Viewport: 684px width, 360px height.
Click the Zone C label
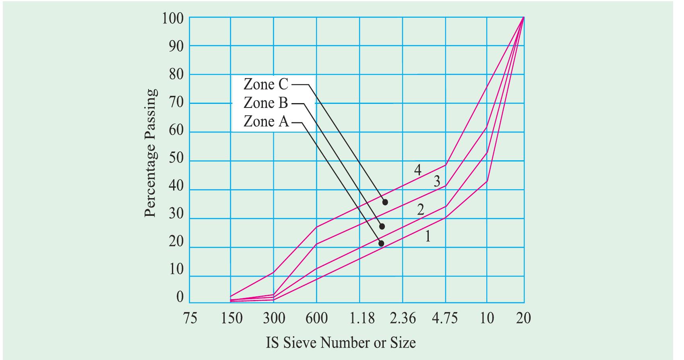[x=266, y=85]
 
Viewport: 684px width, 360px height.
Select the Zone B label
[x=266, y=103]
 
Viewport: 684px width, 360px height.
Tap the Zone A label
[x=266, y=122]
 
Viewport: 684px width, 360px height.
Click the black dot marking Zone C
[x=385, y=202]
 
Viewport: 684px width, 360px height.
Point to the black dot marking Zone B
[x=382, y=226]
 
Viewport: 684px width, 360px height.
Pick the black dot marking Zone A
[x=381, y=243]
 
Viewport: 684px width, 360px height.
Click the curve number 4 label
[x=418, y=170]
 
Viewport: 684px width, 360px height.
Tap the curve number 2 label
[x=420, y=209]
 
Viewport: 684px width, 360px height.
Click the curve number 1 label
[x=428, y=236]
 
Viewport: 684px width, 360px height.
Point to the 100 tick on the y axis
[x=173, y=19]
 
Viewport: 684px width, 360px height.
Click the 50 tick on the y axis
[x=176, y=159]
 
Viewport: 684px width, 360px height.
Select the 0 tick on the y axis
[x=180, y=298]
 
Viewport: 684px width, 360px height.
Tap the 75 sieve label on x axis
[x=190, y=319]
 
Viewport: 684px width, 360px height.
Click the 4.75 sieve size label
[x=445, y=319]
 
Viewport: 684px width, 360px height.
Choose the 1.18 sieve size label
[x=362, y=319]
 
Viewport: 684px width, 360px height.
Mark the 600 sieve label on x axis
[x=316, y=319]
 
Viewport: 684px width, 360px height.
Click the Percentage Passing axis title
[x=150, y=153]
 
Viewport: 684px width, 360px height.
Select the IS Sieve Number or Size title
[x=341, y=343]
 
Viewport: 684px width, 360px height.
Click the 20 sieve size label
[x=523, y=319]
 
